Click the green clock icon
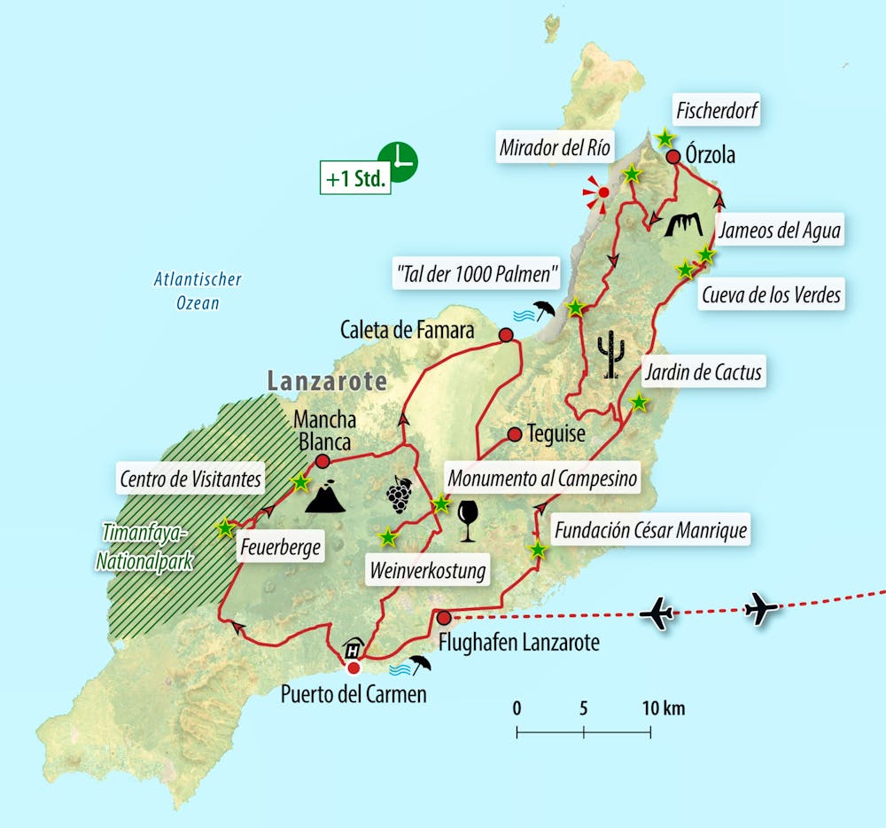click(x=398, y=161)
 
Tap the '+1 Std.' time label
click(x=355, y=178)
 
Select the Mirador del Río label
click(x=555, y=148)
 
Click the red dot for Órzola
click(x=672, y=157)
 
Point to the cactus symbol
click(x=610, y=355)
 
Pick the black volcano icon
click(x=323, y=498)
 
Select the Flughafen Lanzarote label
click(x=518, y=641)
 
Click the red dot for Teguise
click(x=514, y=434)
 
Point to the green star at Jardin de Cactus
click(x=639, y=402)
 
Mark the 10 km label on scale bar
click(x=663, y=708)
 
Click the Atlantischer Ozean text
click(x=197, y=291)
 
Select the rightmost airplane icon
click(x=761, y=609)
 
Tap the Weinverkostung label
click(x=427, y=570)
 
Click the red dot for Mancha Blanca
click(x=323, y=461)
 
